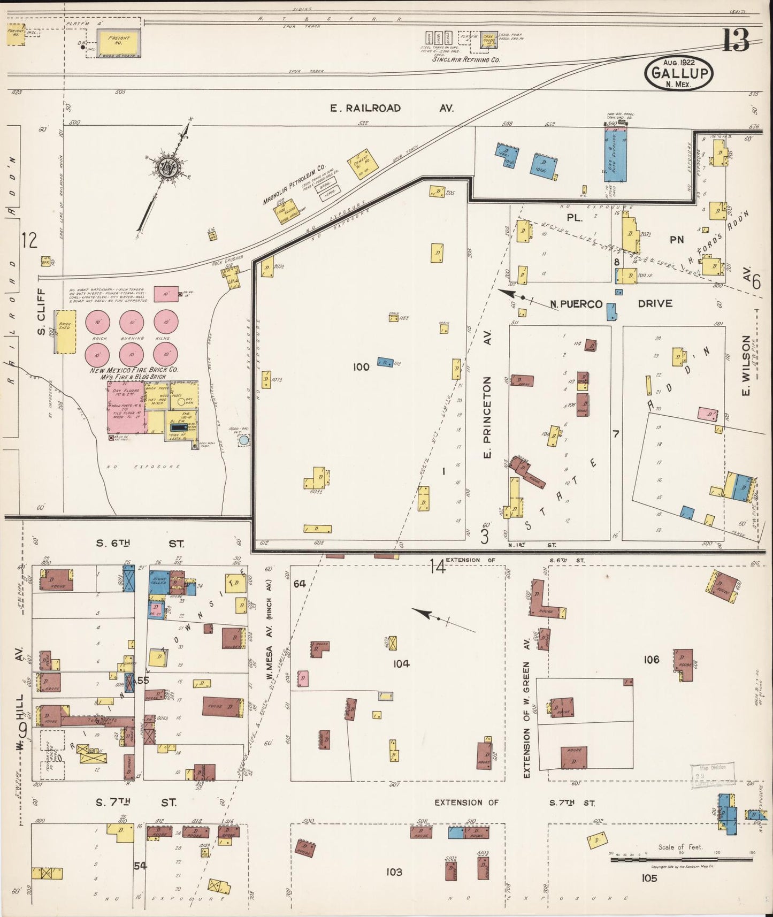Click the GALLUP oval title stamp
point(679,73)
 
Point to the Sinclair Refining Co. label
point(466,60)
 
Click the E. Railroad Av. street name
point(392,108)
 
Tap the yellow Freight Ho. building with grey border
point(119,42)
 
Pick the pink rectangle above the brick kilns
point(166,293)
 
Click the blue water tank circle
point(244,440)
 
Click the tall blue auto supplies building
point(616,155)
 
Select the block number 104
point(401,664)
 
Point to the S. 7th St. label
point(136,803)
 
